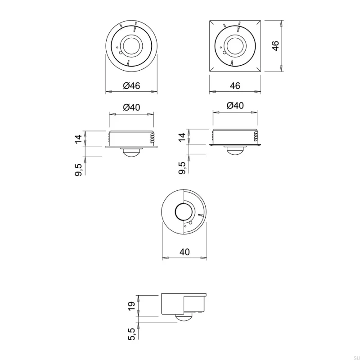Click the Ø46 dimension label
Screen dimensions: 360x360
pyautogui.click(x=131, y=85)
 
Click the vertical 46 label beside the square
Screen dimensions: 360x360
pyautogui.click(x=275, y=45)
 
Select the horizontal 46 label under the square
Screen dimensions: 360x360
pyautogui.click(x=235, y=85)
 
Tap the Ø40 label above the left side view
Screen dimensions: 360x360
pyautogui.click(x=131, y=107)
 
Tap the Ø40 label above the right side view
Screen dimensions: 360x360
pyautogui.click(x=235, y=106)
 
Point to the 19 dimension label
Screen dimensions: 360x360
pyautogui.click(x=131, y=306)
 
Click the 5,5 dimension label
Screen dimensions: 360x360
pyautogui.click(x=131, y=333)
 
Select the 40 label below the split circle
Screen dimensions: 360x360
pyautogui.click(x=184, y=252)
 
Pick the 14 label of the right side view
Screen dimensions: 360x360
pyautogui.click(x=182, y=137)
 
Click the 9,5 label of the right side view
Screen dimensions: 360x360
pyautogui.click(x=182, y=168)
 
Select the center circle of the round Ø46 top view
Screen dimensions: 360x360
pyautogui.click(x=131, y=45)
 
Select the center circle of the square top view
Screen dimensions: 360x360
pyautogui.click(x=235, y=45)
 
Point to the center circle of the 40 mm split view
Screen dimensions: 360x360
pyautogui.click(x=184, y=212)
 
